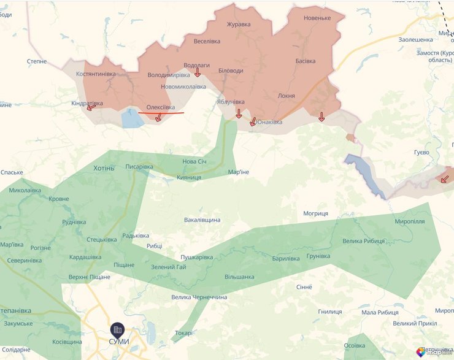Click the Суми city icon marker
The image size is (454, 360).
coord(117,329)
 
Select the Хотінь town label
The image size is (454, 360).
coord(104,167)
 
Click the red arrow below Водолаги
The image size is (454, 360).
coord(198,74)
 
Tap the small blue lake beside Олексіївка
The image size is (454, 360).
coord(132,118)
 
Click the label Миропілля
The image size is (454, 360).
coord(410,221)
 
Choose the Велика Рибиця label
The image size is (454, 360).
coord(363,240)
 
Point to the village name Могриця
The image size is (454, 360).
coord(315,213)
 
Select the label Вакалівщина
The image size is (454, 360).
coord(202,220)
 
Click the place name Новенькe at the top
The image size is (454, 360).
coord(317,18)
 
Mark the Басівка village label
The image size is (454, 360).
coord(306,61)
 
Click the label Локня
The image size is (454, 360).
coord(286,96)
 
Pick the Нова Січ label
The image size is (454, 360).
coord(194,161)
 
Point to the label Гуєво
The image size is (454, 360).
coord(421,151)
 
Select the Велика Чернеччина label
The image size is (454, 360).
coord(199,297)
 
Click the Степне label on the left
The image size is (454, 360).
coord(37,61)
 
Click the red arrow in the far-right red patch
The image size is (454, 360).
coord(444,178)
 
